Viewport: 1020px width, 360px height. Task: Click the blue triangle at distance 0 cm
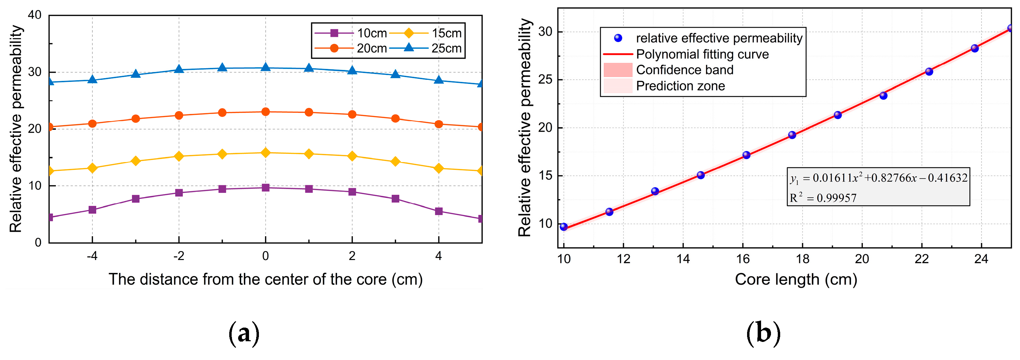tap(266, 68)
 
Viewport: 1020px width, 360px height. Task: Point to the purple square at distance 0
tap(266, 188)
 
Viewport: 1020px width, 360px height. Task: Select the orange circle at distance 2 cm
tap(352, 114)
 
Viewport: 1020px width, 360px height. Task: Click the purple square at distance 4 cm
tap(439, 211)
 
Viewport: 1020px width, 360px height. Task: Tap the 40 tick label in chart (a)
tap(35, 15)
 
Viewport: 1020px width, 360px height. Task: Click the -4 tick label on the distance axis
tap(92, 256)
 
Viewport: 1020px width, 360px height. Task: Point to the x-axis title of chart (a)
tap(265, 279)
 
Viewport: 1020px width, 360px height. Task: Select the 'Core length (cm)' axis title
tap(796, 279)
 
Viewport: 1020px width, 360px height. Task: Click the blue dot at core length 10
tap(564, 227)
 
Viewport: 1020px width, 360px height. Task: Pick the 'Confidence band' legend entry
tap(685, 70)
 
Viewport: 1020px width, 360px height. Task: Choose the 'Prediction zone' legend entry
tap(680, 86)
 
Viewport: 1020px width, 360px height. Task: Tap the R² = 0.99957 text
tap(823, 198)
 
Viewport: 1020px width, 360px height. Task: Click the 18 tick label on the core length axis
tap(802, 259)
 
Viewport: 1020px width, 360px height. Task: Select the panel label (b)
tap(763, 333)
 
